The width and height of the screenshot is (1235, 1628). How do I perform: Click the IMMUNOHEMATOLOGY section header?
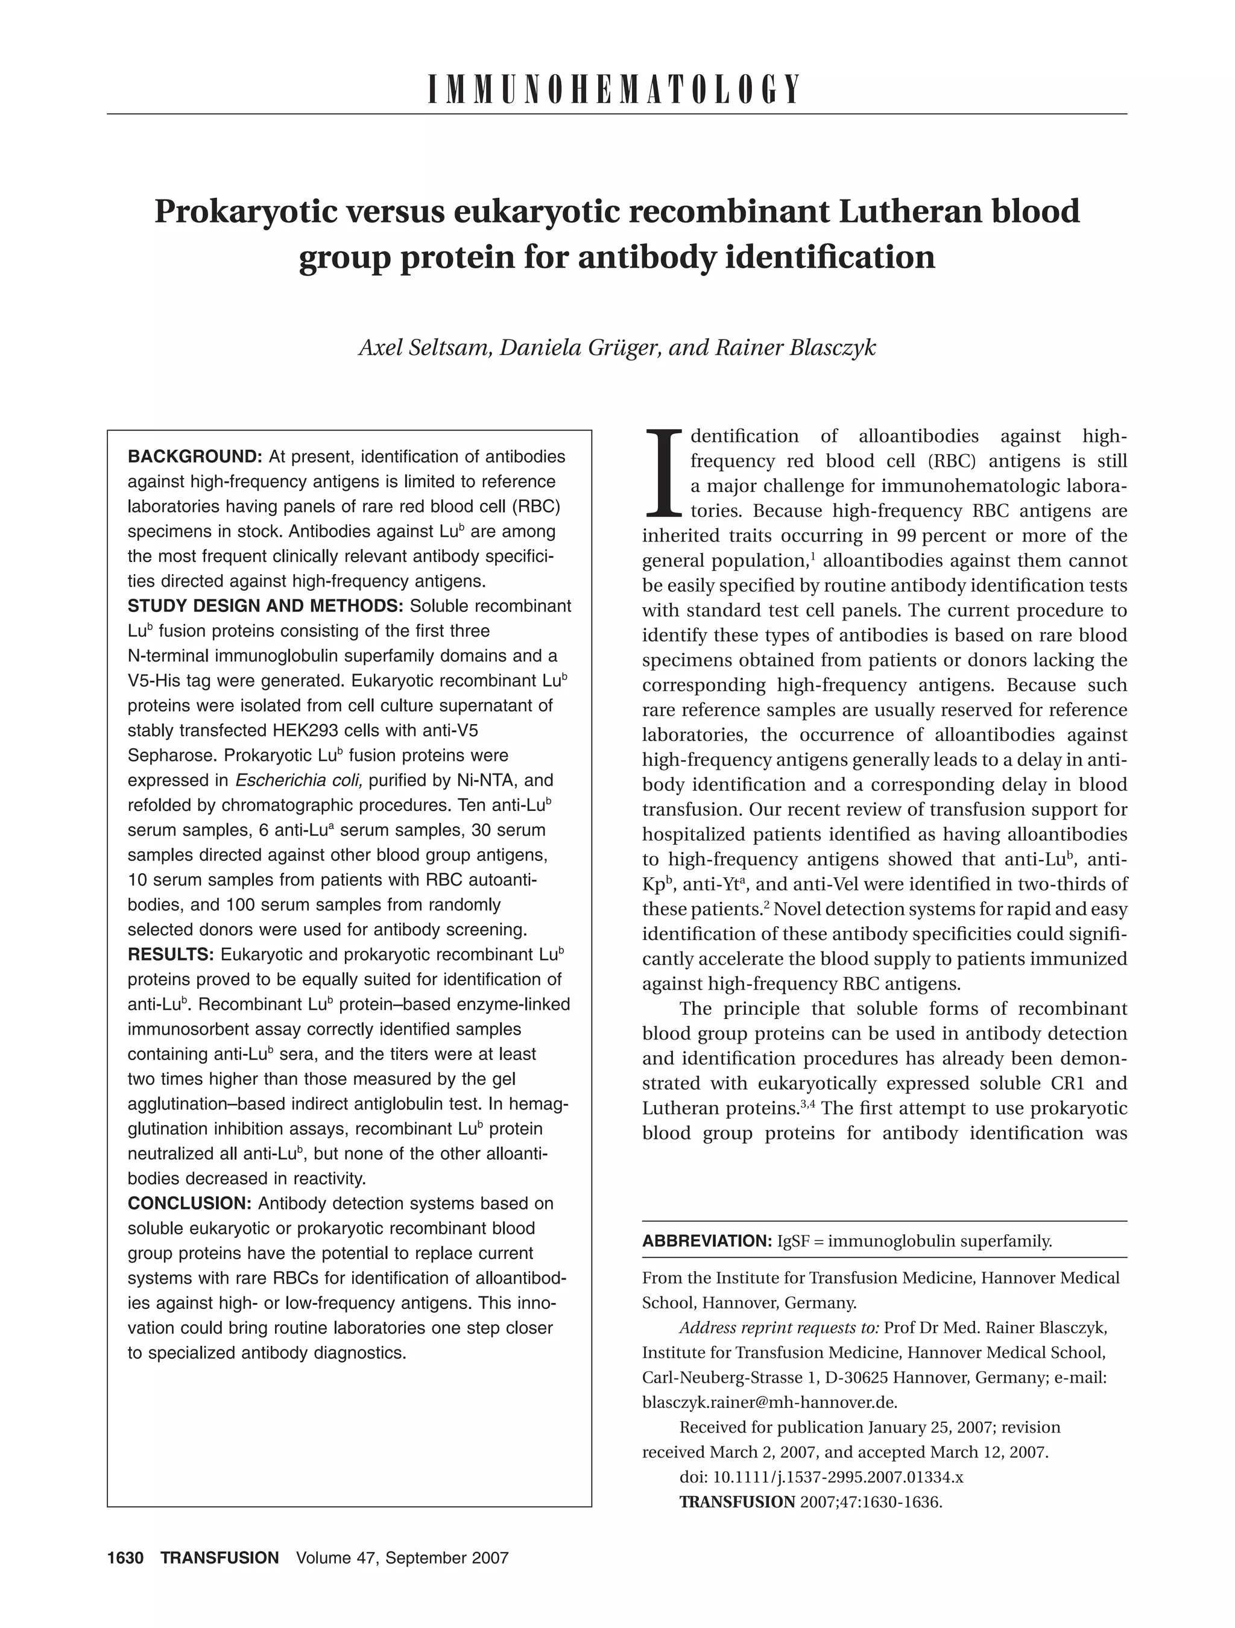click(x=614, y=90)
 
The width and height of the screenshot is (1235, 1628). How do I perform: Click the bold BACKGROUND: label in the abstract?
click(x=195, y=456)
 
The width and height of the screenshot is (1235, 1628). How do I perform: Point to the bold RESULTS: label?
click(x=171, y=954)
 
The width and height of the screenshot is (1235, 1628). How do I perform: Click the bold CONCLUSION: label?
click(x=190, y=1204)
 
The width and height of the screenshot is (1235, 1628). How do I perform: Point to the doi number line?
click(x=821, y=1477)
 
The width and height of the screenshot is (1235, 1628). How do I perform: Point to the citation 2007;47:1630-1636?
click(x=871, y=1502)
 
